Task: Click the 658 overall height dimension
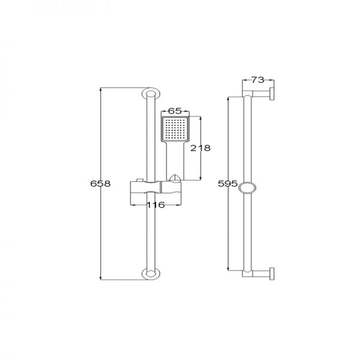100,184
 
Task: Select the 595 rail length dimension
227,184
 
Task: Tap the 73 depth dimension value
258,80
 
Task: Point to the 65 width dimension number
175,111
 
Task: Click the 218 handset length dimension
200,148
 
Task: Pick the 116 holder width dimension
155,205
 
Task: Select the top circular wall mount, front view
151,94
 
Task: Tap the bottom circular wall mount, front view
151,274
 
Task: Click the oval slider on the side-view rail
247,188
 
